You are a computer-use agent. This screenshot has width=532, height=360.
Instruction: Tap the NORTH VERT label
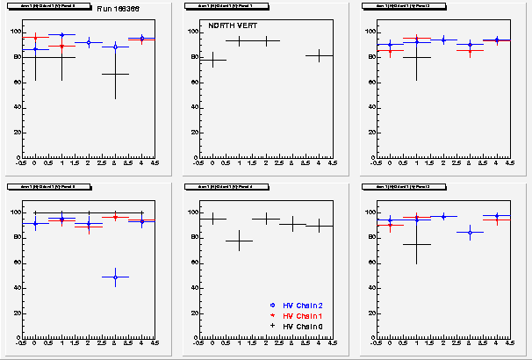[x=227, y=25]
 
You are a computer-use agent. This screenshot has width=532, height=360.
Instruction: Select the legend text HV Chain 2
[x=298, y=305]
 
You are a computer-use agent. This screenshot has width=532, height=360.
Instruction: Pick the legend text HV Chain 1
[x=298, y=315]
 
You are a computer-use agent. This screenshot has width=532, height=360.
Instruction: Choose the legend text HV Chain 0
[x=298, y=326]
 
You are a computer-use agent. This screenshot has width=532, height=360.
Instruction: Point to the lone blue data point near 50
[x=115, y=277]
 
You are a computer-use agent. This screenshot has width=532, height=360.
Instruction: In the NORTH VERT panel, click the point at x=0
[x=212, y=60]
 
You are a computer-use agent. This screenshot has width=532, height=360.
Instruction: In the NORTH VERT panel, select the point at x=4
[x=319, y=55]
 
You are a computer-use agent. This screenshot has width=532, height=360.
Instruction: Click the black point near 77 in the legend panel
[x=239, y=241]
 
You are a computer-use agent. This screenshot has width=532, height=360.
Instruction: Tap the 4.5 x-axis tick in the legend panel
[x=332, y=342]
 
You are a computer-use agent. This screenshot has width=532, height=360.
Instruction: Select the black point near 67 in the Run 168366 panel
[x=115, y=74]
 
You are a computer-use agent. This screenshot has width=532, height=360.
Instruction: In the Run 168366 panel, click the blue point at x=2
[x=89, y=42]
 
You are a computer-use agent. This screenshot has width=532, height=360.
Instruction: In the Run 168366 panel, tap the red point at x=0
[x=35, y=37]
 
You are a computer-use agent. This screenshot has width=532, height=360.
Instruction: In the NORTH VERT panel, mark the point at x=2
[x=266, y=40]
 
